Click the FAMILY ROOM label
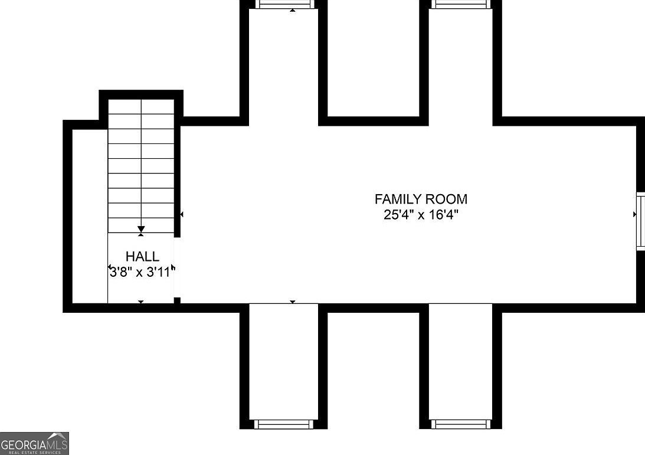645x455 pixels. pyautogui.click(x=421, y=199)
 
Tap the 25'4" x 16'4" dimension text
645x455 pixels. pyautogui.click(x=421, y=214)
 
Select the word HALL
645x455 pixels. pyautogui.click(x=142, y=257)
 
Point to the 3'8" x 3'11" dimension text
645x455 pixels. pyautogui.click(x=142, y=272)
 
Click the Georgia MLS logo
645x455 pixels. pyautogui.click(x=34, y=443)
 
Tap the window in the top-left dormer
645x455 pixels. pyautogui.click(x=284, y=4)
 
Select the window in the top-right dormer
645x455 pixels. pyautogui.click(x=460, y=4)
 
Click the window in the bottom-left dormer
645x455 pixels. pyautogui.click(x=283, y=424)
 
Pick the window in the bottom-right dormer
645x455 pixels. pyautogui.click(x=460, y=424)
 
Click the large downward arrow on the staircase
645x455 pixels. pyautogui.click(x=141, y=229)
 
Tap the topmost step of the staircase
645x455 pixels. pyautogui.click(x=141, y=106)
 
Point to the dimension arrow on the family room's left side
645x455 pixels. pyautogui.click(x=182, y=214)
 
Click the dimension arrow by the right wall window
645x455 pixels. pyautogui.click(x=634, y=215)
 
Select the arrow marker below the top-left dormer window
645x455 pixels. pyautogui.click(x=293, y=10)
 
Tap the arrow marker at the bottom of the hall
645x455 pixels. pyautogui.click(x=140, y=302)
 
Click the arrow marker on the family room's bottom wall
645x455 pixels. pyautogui.click(x=293, y=302)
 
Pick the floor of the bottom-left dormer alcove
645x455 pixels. pyautogui.click(x=284, y=360)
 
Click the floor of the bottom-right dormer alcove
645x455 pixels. pyautogui.click(x=460, y=360)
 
